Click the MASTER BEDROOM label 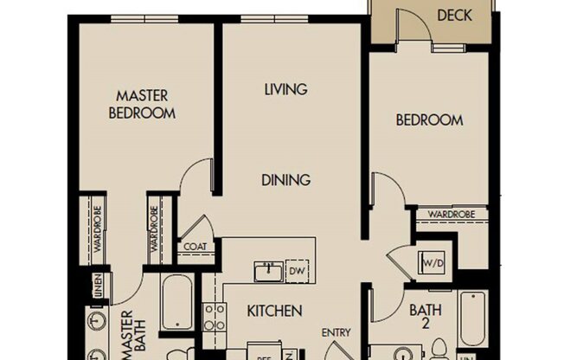coord(143,104)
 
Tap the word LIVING coord(286,89)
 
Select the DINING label coord(286,180)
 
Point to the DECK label coord(454,15)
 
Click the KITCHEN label coord(274,311)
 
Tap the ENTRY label coord(336,332)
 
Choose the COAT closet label coord(195,247)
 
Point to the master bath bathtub coord(176,303)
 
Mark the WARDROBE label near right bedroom coord(449,213)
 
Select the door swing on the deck coord(413,23)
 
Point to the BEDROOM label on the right coord(429,120)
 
